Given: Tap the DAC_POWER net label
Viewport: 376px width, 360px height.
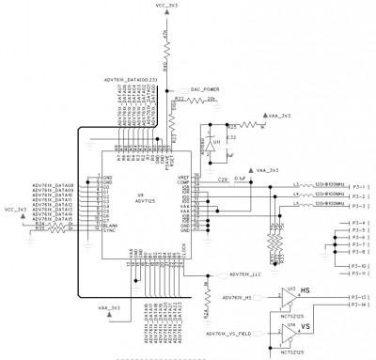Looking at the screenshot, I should pyautogui.click(x=205, y=87).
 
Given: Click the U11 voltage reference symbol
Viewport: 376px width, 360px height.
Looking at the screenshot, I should pyautogui.click(x=212, y=146).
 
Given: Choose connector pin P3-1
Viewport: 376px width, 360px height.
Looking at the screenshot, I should pyautogui.click(x=358, y=186).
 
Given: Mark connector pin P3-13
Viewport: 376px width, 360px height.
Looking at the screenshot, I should pyautogui.click(x=358, y=297).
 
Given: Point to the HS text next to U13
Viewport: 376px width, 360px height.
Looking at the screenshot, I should pyautogui.click(x=306, y=291).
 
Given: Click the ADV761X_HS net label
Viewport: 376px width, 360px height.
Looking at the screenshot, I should pyautogui.click(x=236, y=298).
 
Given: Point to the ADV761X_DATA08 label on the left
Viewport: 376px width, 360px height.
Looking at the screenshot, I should pyautogui.click(x=53, y=185).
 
